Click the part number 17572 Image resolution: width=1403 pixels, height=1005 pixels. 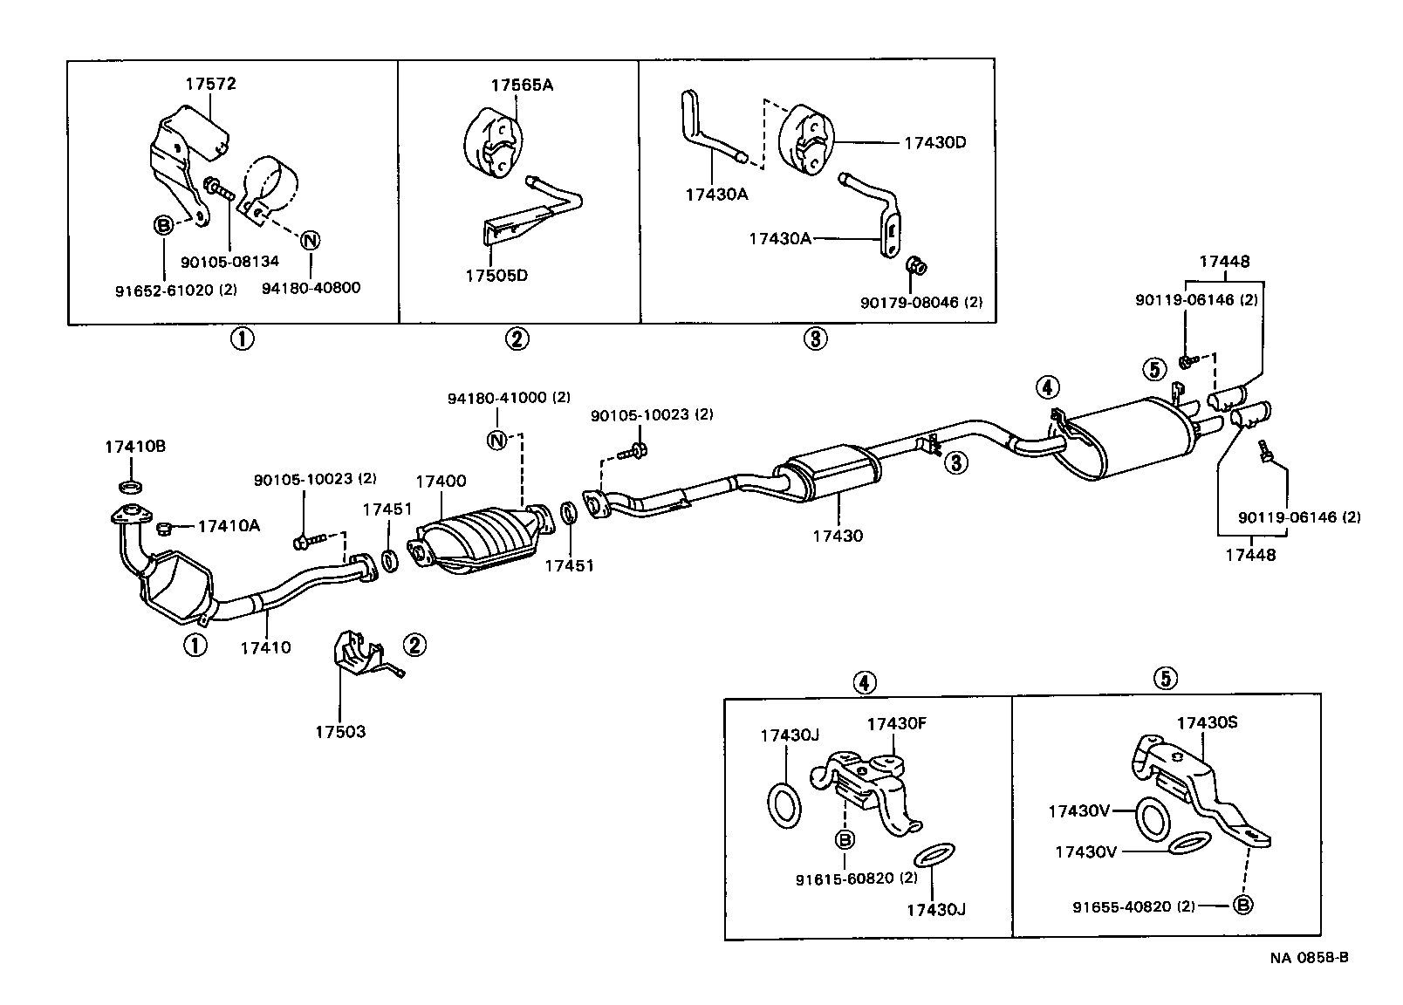(210, 85)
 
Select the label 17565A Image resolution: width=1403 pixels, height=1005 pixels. (522, 85)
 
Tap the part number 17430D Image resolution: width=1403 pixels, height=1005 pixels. (934, 142)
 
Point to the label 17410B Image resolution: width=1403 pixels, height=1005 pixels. (135, 447)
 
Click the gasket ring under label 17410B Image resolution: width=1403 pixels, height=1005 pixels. (131, 485)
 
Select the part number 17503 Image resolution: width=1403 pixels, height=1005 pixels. (340, 732)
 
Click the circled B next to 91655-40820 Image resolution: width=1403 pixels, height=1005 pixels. (1243, 906)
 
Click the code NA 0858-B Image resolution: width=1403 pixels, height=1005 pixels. (1309, 957)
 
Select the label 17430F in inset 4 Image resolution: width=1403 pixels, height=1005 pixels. (897, 723)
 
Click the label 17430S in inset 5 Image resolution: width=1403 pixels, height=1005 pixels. (1208, 723)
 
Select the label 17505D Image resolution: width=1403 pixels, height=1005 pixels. (496, 276)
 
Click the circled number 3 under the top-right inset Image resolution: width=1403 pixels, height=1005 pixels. (813, 338)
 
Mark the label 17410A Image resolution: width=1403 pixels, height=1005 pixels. (229, 526)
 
